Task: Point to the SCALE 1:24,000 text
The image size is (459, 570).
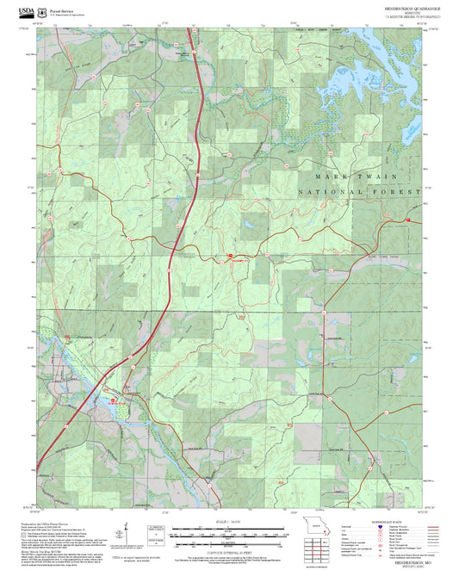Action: click(x=229, y=523)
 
